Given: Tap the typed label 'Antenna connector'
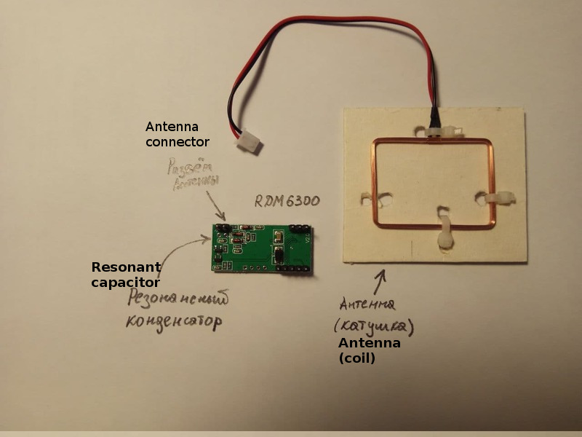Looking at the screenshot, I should pyautogui.click(x=177, y=134).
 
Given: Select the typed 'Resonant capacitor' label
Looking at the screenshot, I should pyautogui.click(x=125, y=275).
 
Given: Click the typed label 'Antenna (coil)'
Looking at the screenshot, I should pyautogui.click(x=369, y=350).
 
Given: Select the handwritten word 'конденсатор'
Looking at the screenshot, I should pyautogui.click(x=172, y=321).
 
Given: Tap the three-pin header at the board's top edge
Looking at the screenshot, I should pyautogui.click(x=298, y=228).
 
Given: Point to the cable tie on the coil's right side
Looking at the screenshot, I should pyautogui.click(x=498, y=198).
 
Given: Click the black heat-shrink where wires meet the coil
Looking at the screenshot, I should pyautogui.click(x=434, y=116).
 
